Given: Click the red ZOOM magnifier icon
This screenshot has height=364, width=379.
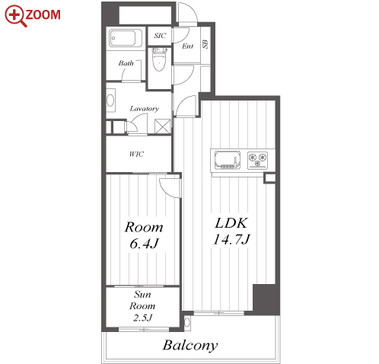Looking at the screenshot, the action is tap(16, 16).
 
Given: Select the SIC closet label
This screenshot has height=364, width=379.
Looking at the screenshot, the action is tap(160, 36).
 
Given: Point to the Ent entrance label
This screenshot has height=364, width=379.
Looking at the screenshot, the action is tap(188, 46).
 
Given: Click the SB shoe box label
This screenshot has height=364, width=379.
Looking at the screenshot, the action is tap(205, 44).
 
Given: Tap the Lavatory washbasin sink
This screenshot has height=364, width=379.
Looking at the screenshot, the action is tap(110, 101).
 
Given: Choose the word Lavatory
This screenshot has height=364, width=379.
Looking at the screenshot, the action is tap(145, 109).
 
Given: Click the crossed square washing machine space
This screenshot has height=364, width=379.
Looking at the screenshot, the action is tap(163, 126).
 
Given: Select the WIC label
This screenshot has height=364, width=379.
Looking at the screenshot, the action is tap(136, 154).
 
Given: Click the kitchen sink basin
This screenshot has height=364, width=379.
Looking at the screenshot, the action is tap(228, 160).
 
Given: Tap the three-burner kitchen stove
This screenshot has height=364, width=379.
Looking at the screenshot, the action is tap(258, 160).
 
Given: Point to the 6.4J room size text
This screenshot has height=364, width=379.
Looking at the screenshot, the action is tap(144, 244).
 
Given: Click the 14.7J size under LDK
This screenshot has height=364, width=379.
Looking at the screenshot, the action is tap(231, 239).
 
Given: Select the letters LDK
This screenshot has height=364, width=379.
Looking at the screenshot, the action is tap(231, 223).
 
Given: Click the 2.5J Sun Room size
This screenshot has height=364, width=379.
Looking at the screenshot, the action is tap(142, 318).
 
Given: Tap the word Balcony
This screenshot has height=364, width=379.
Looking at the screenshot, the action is tap(190, 346).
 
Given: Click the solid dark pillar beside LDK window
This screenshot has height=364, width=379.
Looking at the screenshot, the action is tap(266, 299).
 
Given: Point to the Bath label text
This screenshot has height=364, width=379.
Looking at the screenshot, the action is tap(126, 63).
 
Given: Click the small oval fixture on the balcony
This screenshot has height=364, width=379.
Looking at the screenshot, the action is tap(187, 322).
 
